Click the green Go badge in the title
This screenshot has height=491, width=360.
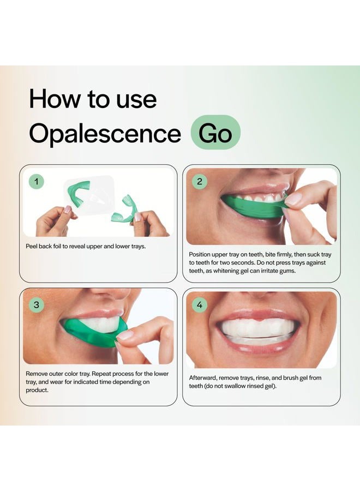point(215,133)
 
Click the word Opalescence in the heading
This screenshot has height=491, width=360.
point(105,133)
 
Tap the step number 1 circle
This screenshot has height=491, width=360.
point(36,182)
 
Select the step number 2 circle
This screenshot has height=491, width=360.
point(199,182)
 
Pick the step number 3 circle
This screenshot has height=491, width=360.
point(36,304)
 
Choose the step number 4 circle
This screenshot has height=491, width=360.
point(199,304)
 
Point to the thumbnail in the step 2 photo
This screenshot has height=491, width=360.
point(293,200)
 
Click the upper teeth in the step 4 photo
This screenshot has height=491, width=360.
point(255,327)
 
